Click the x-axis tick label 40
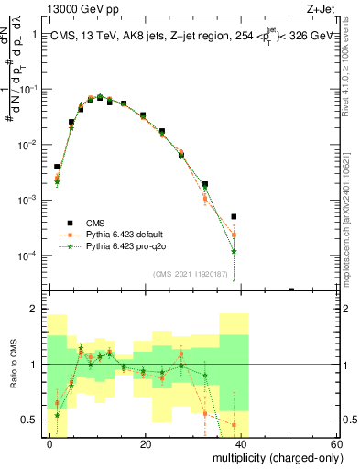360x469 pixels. (x=241, y=443)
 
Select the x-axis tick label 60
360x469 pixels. (x=336, y=443)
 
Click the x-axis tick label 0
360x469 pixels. (x=50, y=443)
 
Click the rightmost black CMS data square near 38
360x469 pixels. (x=234, y=217)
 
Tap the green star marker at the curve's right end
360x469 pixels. (x=234, y=251)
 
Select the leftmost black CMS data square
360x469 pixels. (x=57, y=168)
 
